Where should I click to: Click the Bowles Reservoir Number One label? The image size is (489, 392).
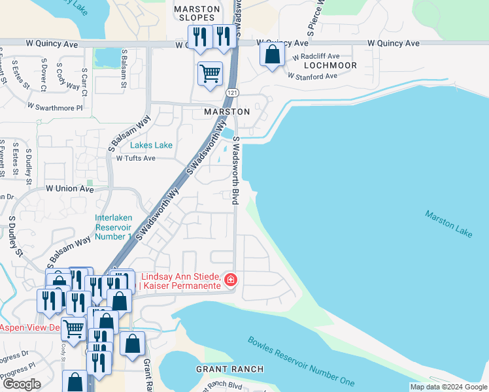click(x=301, y=361)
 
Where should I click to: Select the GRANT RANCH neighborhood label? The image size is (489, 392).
click(x=229, y=369)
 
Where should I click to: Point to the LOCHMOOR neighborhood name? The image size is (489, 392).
click(x=329, y=66)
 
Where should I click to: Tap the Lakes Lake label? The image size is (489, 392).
click(x=151, y=145)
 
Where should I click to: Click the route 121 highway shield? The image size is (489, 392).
click(x=232, y=93)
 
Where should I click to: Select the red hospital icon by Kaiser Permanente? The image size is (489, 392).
click(x=230, y=280)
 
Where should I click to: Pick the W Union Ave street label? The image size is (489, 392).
click(x=69, y=189)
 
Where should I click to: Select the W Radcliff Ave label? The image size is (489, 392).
click(x=316, y=56)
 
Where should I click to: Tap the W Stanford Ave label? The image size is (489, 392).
click(x=312, y=76)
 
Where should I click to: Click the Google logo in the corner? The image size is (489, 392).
click(x=22, y=384)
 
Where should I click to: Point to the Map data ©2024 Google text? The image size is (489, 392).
click(x=448, y=387)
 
